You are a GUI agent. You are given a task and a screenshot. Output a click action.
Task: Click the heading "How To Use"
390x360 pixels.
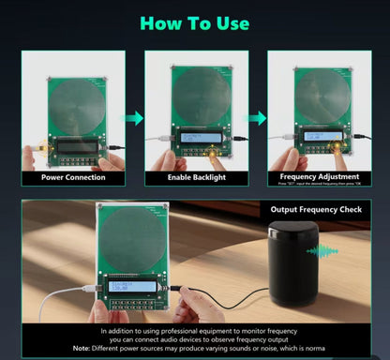coord(195,22)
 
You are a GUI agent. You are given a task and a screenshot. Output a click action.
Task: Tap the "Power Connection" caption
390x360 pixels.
coord(73,176)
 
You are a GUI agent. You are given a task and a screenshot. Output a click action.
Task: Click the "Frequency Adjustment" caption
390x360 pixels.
coord(320,175)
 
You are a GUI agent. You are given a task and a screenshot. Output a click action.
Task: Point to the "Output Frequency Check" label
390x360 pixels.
coord(316,209)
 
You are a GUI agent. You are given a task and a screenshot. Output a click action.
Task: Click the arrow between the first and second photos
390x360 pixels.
coord(135,118)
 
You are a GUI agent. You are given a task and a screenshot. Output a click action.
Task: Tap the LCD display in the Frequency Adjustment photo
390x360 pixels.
coord(320,137)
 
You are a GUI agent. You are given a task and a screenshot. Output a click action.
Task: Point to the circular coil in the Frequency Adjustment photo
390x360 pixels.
coord(320,93)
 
